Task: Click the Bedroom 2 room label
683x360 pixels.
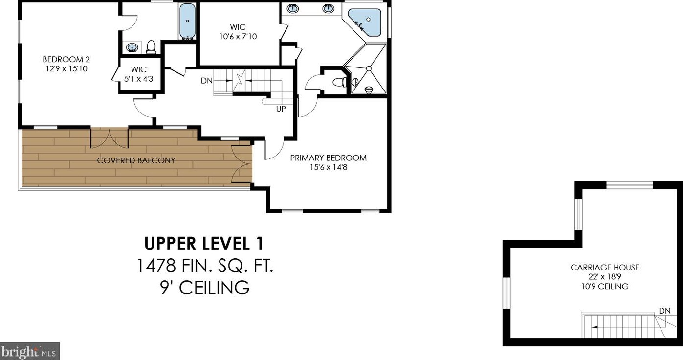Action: coord(66,59)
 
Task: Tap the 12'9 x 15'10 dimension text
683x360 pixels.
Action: coord(66,68)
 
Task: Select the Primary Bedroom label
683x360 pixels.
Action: coord(328,157)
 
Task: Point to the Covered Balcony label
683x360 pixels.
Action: coord(136,160)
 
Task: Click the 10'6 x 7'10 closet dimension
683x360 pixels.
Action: coord(238,37)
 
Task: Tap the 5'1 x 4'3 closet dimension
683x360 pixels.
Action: coord(139,79)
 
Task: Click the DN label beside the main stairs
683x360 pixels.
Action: coord(207,81)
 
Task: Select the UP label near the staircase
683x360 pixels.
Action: coord(281,109)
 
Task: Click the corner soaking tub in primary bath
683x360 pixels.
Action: coord(365,22)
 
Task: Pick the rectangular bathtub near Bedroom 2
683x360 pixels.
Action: coord(187,22)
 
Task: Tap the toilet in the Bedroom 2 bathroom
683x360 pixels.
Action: coord(151,47)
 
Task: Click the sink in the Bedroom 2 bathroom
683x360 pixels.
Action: coord(132,47)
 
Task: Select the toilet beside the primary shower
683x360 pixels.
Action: coord(340,82)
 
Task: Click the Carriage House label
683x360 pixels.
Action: coord(605,267)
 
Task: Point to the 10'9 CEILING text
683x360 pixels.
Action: coord(605,287)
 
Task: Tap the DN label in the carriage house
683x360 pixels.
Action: coord(665,311)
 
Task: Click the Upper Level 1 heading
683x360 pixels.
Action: coord(204,244)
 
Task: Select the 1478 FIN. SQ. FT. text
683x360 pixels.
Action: coord(205,266)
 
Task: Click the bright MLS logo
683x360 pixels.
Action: coord(29,352)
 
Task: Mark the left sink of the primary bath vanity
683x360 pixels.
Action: coord(293,9)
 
